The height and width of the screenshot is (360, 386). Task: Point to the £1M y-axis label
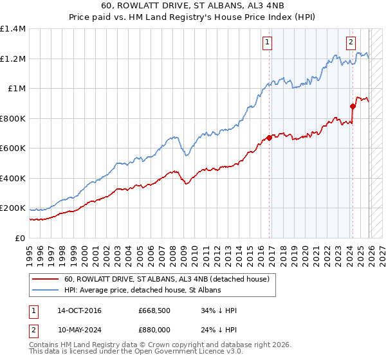coord(16,89)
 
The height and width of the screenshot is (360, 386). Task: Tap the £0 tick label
coord(20,238)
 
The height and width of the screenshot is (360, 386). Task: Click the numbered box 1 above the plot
coord(266,43)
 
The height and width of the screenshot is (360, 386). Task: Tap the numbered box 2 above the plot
coord(351,43)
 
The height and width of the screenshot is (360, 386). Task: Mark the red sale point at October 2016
coord(269,138)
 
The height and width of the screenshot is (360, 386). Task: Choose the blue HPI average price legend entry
coord(142,291)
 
